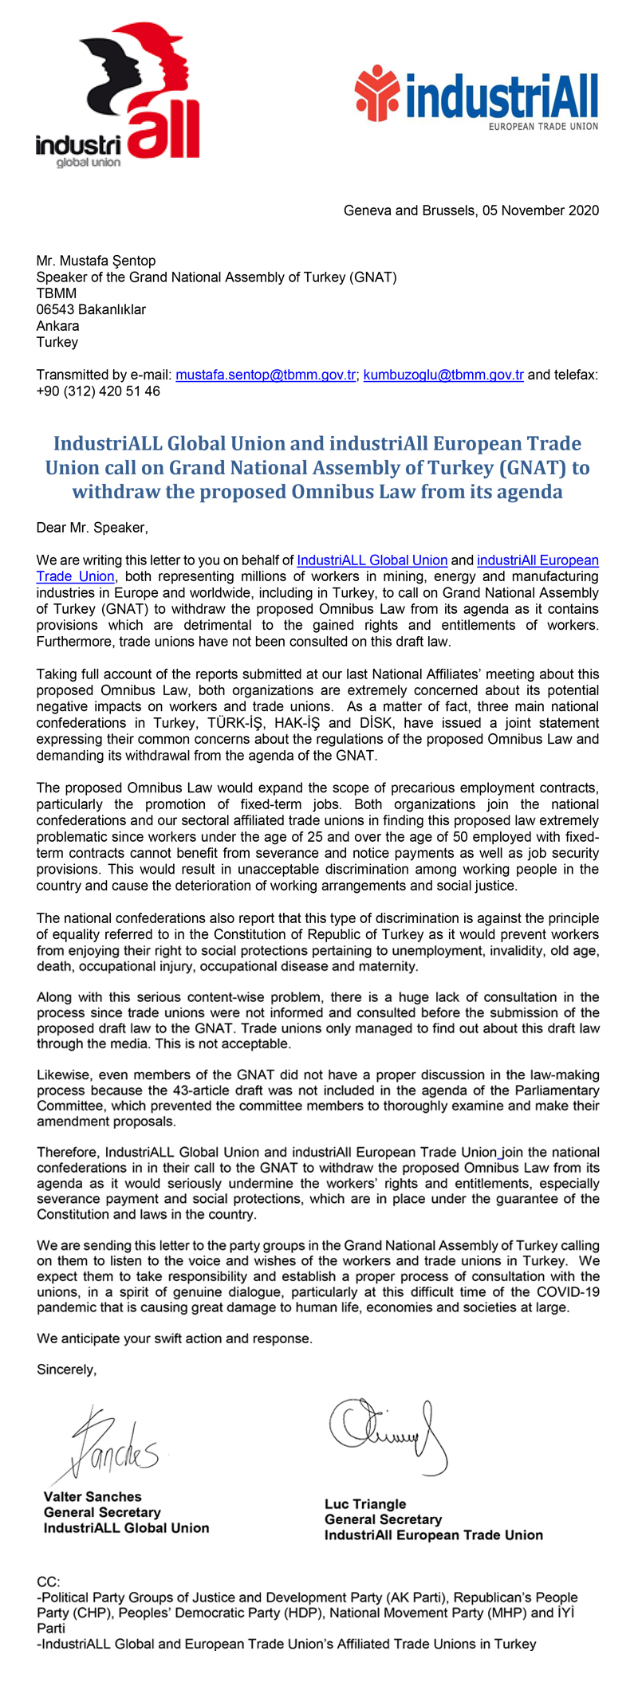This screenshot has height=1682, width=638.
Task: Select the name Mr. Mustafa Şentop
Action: click(96, 261)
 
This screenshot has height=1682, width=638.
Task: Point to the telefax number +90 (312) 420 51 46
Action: click(98, 391)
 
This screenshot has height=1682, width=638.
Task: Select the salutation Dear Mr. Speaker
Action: click(93, 528)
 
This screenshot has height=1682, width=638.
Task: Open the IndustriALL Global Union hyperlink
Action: click(372, 560)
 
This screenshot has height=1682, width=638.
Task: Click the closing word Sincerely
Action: click(66, 1370)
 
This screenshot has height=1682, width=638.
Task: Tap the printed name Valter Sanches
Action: click(93, 1497)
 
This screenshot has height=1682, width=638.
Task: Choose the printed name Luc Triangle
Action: click(365, 1504)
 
